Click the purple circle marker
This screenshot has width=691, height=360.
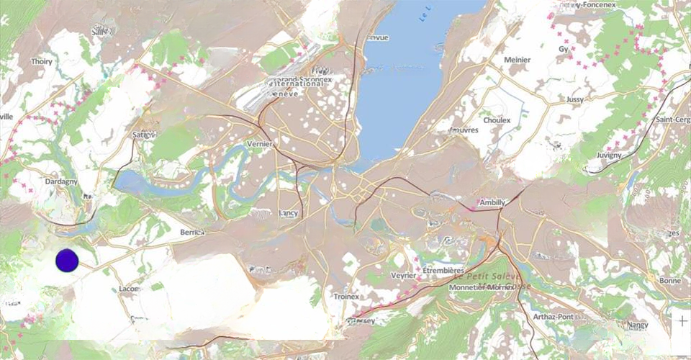click(x=66, y=261)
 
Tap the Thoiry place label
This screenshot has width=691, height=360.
click(x=42, y=62)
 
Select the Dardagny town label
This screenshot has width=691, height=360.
click(x=61, y=182)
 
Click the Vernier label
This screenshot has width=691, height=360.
click(x=260, y=144)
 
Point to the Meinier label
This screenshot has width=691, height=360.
click(x=518, y=60)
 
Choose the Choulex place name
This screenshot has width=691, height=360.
click(x=497, y=120)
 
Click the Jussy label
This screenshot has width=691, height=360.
click(x=575, y=99)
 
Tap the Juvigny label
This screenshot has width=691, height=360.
click(x=610, y=156)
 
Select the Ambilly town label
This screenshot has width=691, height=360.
click(x=492, y=202)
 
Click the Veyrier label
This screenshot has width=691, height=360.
click(x=404, y=276)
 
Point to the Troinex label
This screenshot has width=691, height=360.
click(x=346, y=297)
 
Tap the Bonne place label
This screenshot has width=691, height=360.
click(x=669, y=280)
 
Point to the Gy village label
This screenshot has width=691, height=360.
click(x=564, y=49)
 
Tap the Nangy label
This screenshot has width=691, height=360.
click(x=638, y=325)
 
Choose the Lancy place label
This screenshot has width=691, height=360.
click(x=289, y=213)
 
